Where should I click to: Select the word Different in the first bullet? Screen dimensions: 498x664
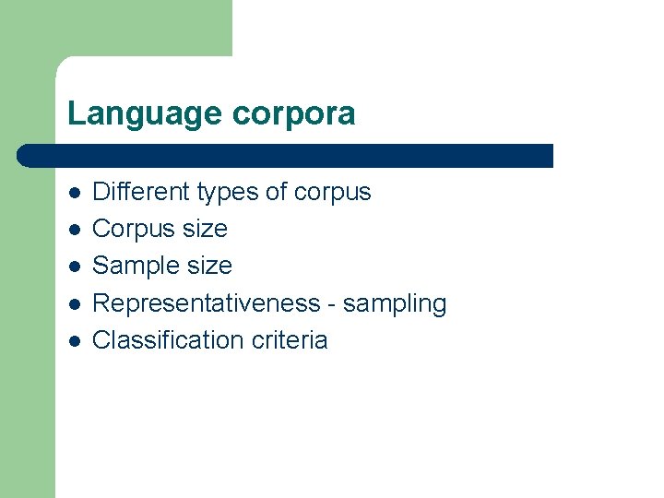coord(139,192)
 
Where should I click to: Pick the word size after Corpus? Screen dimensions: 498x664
coord(204,229)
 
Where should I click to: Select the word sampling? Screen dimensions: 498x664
coord(395,304)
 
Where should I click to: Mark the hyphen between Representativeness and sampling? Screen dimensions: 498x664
coord(333,304)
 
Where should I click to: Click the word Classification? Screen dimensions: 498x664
coord(168,340)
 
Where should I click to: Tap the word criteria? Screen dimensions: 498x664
coord(289,340)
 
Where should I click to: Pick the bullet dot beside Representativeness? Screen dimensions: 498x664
coord(74,304)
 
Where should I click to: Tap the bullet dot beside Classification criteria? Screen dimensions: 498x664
coord(74,341)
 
